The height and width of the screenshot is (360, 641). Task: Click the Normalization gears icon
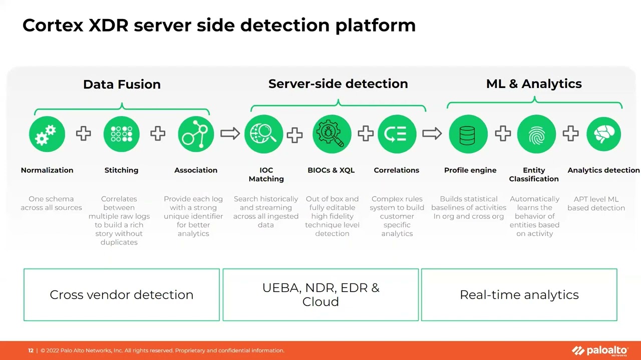(47, 134)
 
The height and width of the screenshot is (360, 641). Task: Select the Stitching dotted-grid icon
(121, 134)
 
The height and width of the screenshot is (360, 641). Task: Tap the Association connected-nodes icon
(196, 134)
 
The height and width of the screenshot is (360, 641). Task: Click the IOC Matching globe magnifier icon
(264, 134)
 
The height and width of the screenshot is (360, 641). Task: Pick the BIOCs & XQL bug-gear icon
(331, 134)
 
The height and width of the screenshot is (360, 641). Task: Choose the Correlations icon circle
(397, 134)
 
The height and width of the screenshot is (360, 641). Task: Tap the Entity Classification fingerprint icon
(535, 134)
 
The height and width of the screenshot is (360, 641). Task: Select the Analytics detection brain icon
(603, 134)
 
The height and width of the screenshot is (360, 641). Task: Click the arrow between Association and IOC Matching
(230, 133)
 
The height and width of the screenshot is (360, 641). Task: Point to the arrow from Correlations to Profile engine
(432, 133)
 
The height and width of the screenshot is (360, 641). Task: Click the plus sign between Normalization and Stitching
(84, 133)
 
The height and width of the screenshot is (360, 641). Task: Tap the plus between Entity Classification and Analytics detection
(570, 133)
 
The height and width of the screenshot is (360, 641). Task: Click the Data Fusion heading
(122, 84)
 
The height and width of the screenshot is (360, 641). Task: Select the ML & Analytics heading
(534, 84)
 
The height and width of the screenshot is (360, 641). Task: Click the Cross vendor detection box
(122, 294)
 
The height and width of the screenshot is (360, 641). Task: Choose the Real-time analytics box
(519, 294)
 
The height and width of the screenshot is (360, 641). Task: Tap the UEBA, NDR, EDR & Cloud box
(320, 294)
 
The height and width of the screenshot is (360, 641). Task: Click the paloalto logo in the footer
(599, 350)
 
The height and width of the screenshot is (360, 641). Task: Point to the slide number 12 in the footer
(31, 350)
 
